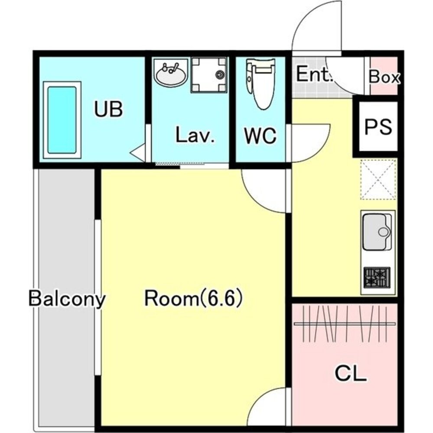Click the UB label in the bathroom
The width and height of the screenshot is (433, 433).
coord(108,109)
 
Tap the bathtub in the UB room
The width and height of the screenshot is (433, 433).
coord(62,120)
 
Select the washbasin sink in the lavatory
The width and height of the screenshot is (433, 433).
coord(171,73)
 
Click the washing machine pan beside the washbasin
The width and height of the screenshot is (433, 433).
coord(209,74)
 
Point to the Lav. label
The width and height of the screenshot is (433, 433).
coord(195,135)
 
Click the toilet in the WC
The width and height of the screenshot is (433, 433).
coord(260,83)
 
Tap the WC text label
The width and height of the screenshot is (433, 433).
coord(260,135)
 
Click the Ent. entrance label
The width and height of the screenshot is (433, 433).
coord(313,74)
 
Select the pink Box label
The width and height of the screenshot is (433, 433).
coord(384,77)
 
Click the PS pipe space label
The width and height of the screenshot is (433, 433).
coord(378,126)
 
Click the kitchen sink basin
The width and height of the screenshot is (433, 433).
coord(376,232)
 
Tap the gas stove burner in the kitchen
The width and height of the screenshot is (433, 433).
coord(377,278)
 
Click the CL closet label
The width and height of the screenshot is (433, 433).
coord(351,373)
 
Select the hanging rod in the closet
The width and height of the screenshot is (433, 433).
coord(345,323)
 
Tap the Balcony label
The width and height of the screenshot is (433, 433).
coord(67,299)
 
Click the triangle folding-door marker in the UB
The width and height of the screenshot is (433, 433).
coord(138,152)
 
